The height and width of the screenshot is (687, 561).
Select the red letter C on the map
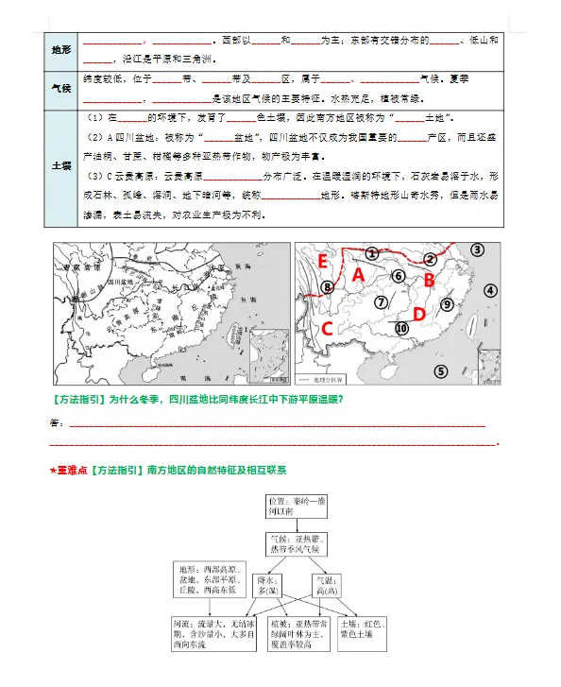(327, 329)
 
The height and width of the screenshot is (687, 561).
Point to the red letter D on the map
(418, 313)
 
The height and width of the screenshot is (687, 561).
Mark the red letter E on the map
(323, 261)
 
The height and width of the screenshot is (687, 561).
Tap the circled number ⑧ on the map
(328, 288)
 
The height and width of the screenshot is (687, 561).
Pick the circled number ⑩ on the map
(401, 328)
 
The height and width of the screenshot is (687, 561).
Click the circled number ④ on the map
(490, 291)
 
